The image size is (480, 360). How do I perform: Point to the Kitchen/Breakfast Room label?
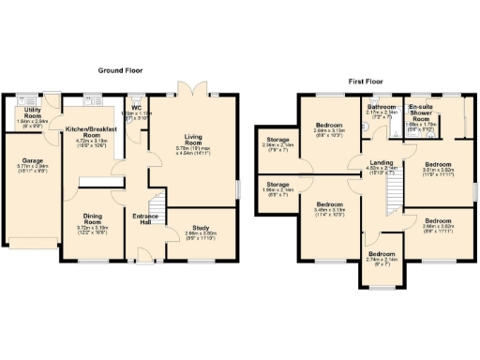[x=93, y=136]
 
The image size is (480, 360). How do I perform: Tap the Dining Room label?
[x=92, y=220]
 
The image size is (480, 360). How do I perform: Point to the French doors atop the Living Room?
[x=192, y=92]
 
